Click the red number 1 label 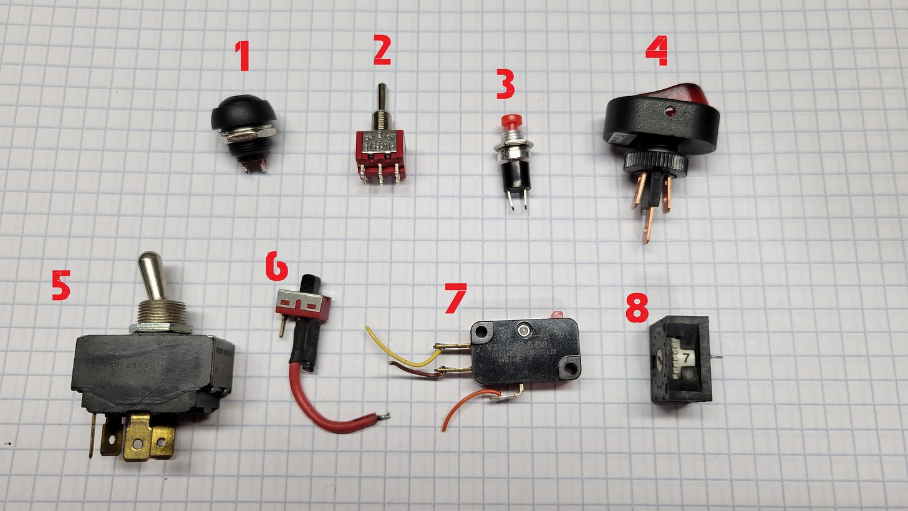(242, 56)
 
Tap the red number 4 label (656, 51)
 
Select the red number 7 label (455, 298)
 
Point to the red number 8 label (637, 308)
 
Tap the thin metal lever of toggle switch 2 (380, 99)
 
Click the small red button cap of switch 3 (513, 120)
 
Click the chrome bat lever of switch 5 (152, 275)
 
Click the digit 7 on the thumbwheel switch (686, 358)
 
